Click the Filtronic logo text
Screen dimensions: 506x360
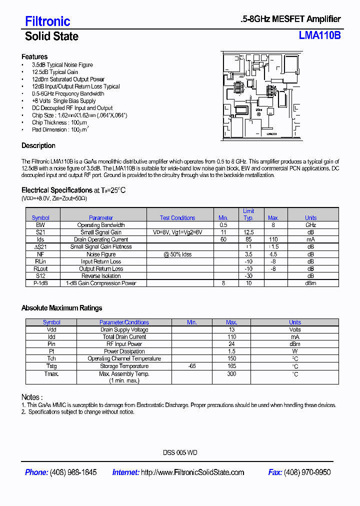coord(47,21)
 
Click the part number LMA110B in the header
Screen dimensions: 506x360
coord(319,35)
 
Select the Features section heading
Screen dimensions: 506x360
coord(34,56)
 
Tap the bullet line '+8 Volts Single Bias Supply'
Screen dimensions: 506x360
coord(63,100)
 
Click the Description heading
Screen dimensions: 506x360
coord(38,145)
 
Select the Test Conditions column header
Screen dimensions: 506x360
coord(177,217)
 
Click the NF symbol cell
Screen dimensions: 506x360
coord(40,254)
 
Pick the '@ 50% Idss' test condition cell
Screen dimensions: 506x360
coord(177,254)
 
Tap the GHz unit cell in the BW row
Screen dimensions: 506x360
coord(310,225)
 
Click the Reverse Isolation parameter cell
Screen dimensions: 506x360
coord(101,276)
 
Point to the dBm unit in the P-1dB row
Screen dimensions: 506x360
coord(310,283)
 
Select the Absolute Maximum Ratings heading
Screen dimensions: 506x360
coord(61,308)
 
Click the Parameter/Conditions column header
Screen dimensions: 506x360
coord(124,322)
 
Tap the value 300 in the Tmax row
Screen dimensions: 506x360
coord(231,373)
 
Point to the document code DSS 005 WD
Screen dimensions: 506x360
coord(180,452)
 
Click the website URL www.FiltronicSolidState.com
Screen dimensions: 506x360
coord(192,472)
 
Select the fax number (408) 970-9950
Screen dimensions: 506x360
coord(307,472)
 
